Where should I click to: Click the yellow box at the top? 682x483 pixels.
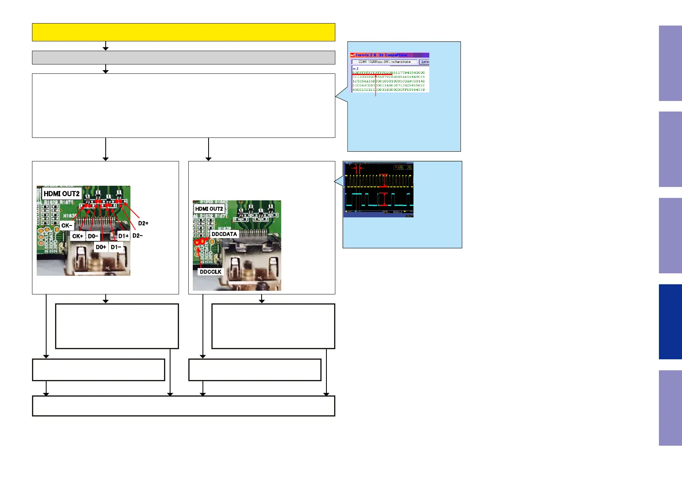point(183,32)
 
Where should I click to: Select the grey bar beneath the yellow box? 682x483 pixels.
point(183,58)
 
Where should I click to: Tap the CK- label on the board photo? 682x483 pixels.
point(66,225)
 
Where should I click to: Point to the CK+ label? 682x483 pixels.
point(77,236)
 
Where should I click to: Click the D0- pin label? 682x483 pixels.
point(93,236)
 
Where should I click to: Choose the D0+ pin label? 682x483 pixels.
point(101,247)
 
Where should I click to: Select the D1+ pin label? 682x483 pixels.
point(123,236)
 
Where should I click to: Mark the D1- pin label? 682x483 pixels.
point(116,247)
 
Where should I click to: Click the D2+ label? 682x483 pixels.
point(143,223)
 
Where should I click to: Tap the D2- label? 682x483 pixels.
point(137,236)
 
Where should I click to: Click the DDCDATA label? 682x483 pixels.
point(224,234)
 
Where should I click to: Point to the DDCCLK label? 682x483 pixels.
point(211,272)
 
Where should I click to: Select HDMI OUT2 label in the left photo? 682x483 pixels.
point(62,193)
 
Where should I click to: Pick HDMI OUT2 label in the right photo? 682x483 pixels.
point(209,209)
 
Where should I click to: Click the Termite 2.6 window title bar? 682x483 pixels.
point(389,55)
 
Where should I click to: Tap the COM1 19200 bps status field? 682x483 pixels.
point(384,62)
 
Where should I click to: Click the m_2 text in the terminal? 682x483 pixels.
point(355,69)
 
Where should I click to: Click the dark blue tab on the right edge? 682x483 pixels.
point(670,322)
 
